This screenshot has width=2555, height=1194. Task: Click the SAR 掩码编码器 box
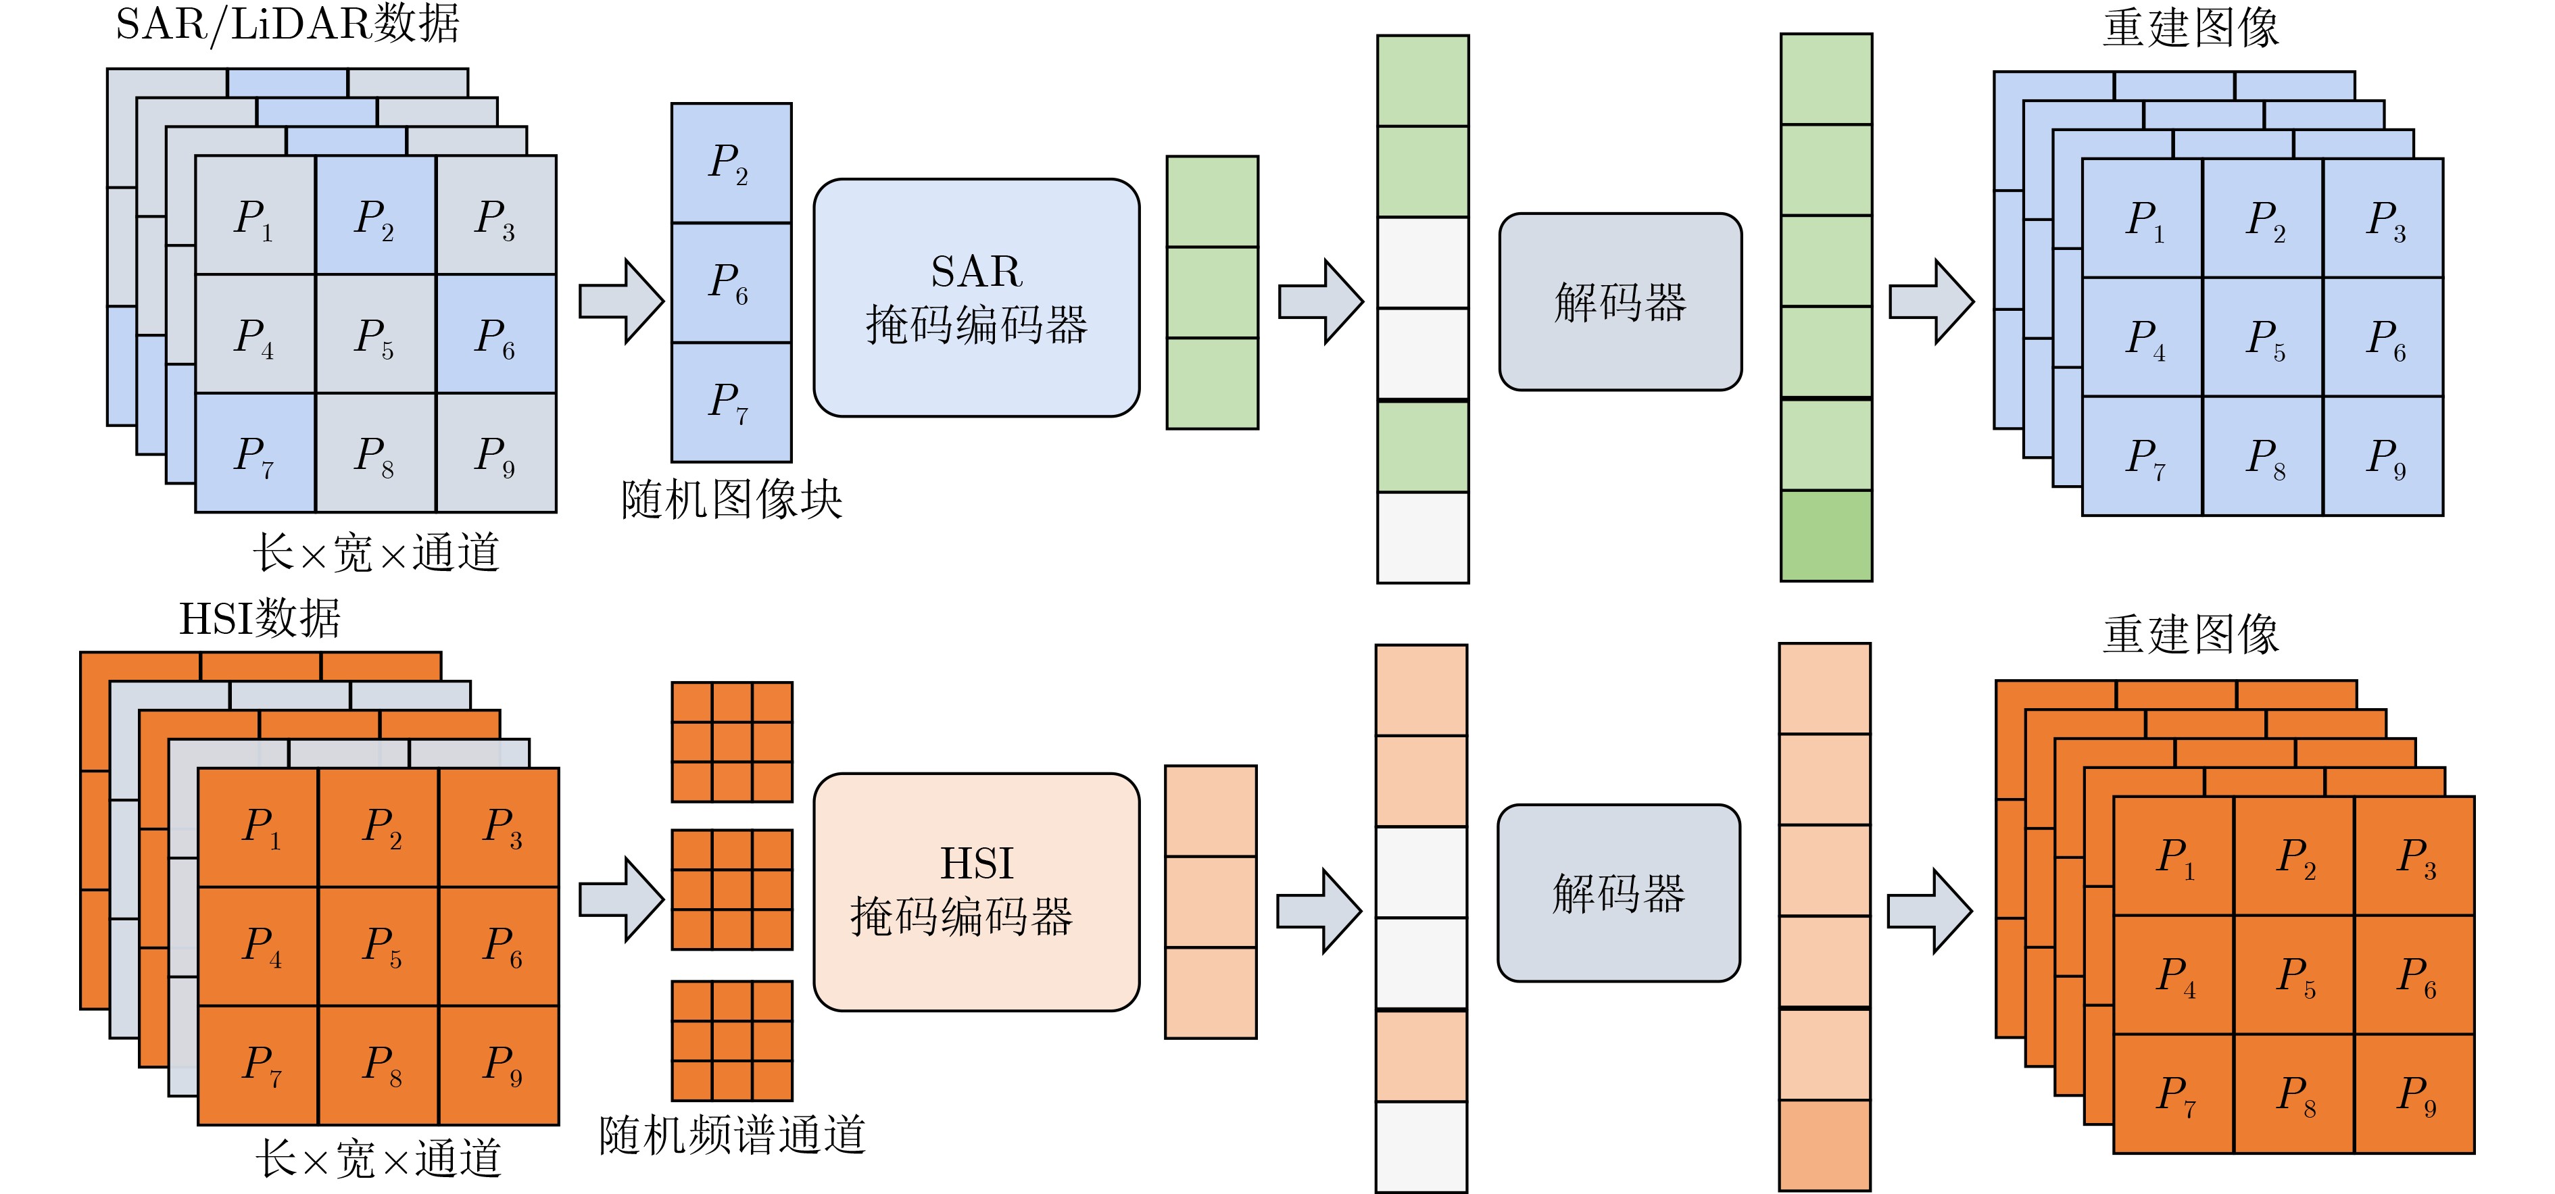(x=976, y=297)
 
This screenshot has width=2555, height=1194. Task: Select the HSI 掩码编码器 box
(x=976, y=891)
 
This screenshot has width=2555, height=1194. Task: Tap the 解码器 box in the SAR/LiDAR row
(x=1620, y=301)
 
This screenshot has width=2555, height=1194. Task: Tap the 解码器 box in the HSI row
(x=1617, y=893)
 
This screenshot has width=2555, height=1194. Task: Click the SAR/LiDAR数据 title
(x=288, y=24)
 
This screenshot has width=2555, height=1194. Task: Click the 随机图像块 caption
(x=731, y=499)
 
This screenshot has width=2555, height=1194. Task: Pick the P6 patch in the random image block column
(x=731, y=282)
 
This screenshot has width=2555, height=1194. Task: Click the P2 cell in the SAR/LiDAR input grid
(x=375, y=214)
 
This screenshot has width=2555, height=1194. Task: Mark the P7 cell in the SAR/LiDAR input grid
(x=255, y=452)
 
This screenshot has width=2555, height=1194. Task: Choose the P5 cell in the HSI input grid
(x=378, y=946)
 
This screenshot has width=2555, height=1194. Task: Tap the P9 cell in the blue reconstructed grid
(x=2383, y=456)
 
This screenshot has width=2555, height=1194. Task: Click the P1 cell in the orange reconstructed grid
(x=2174, y=856)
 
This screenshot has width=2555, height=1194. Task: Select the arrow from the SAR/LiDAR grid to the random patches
(x=621, y=301)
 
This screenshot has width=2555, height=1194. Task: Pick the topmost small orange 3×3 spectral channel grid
(x=732, y=742)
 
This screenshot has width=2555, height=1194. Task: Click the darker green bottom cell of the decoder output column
(x=1826, y=536)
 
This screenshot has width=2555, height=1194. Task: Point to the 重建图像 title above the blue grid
(x=2190, y=28)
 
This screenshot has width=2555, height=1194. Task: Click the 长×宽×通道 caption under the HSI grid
(x=378, y=1158)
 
